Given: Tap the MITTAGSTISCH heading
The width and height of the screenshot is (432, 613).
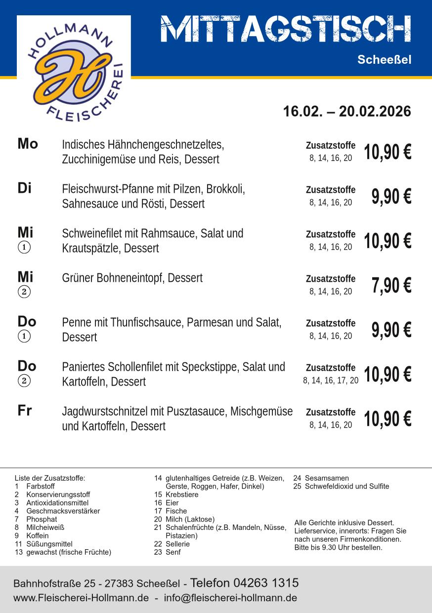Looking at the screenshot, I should coord(286,29).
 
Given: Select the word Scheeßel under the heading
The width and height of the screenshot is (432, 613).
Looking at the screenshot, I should coord(384,60).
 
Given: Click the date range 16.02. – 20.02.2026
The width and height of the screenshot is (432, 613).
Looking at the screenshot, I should coord(346,111).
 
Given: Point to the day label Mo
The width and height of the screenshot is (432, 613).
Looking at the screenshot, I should coord(28,144).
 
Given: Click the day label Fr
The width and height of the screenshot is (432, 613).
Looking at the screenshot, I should coord(25,411).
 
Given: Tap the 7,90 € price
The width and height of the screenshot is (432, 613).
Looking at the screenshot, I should coord(391,285).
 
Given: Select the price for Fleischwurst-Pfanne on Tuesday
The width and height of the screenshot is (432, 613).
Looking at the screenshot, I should coord(391,196).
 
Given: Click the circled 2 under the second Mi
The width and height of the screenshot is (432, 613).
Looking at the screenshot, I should coord(24,292).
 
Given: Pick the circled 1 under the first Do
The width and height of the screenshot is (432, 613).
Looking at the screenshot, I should coord(24,336).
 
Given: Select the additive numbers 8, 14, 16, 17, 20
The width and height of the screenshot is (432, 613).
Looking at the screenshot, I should coord(331,381).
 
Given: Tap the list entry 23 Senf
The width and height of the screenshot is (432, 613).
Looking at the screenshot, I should coord(167,552).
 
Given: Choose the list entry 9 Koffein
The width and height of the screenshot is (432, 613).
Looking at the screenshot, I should coord(33,535).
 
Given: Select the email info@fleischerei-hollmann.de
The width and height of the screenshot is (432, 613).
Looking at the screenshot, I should coord(230,598).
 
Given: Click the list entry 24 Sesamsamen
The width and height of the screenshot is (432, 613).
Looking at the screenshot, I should coord(321,478).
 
